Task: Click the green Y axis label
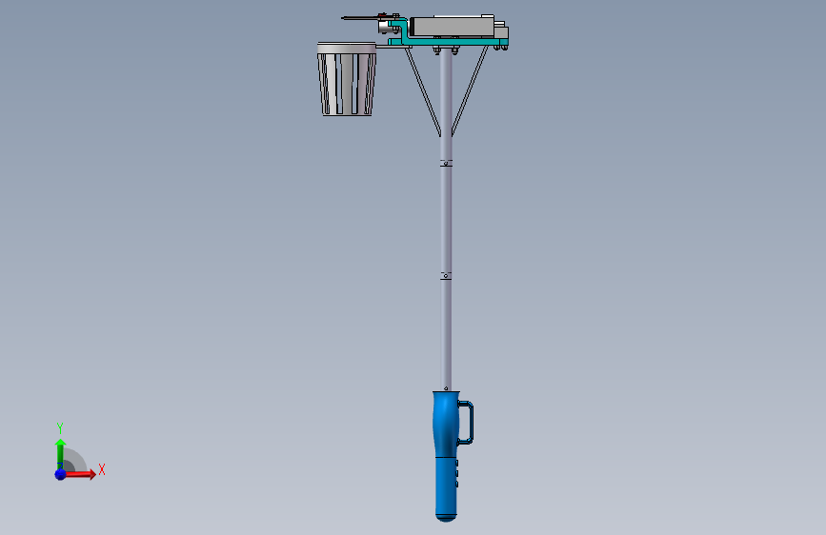pos(60,427)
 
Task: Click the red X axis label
pos(102,469)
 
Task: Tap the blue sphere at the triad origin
pos(61,474)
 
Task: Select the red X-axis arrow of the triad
pos(79,474)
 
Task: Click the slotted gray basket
pos(347,79)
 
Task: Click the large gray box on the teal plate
pos(452,26)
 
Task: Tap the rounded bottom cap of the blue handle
pos(446,517)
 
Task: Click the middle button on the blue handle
pos(456,473)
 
